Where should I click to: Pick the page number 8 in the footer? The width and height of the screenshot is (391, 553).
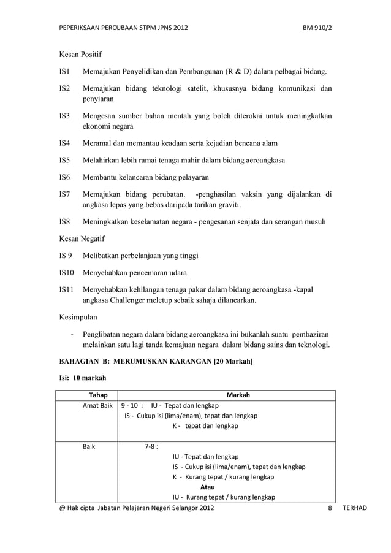pos(330,508)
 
